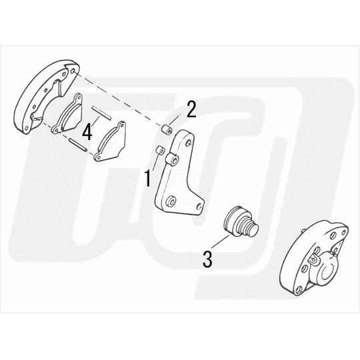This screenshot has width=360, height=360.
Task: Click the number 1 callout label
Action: (x=148, y=178)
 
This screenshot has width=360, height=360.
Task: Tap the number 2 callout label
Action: (x=191, y=109)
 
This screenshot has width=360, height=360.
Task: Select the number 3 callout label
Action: (x=207, y=259)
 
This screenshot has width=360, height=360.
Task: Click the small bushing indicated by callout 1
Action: (x=160, y=151)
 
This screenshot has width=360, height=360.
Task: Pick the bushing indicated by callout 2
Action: (x=167, y=130)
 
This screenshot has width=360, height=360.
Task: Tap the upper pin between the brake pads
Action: (x=102, y=113)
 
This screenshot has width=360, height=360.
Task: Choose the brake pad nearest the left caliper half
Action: (x=65, y=115)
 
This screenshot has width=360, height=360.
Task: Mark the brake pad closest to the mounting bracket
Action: (x=110, y=141)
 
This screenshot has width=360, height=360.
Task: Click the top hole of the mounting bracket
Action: (x=188, y=143)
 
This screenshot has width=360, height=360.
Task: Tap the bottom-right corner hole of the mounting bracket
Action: (x=199, y=207)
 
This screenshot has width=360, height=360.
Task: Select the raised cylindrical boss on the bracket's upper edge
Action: (x=172, y=159)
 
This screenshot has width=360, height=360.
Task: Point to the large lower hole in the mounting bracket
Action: (x=171, y=202)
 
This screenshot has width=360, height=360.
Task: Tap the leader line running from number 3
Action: (x=220, y=241)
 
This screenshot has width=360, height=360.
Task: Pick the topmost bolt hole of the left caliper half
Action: (x=73, y=71)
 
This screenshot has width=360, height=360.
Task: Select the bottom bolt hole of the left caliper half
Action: (x=27, y=128)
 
